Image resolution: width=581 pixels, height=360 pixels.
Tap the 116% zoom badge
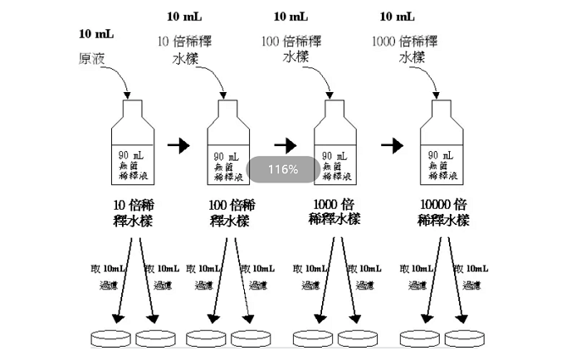pyautogui.click(x=282, y=169)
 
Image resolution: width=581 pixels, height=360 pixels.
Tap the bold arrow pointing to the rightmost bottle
pyautogui.click(x=391, y=145)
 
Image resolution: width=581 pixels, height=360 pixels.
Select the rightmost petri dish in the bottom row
pyautogui.click(x=466, y=338)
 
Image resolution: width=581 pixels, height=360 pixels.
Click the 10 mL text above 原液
pyautogui.click(x=96, y=34)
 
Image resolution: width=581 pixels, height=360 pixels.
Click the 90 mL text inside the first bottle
pyautogui.click(x=126, y=155)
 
